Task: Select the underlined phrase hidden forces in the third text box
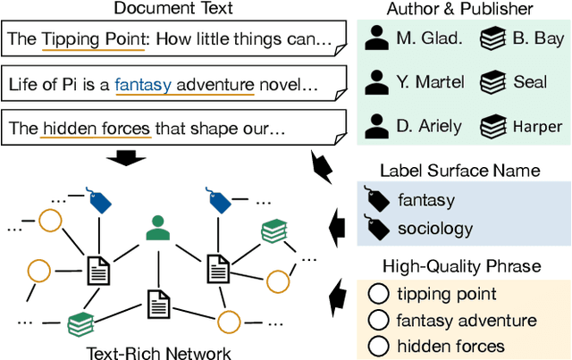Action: [96, 130]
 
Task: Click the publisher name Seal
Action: [530, 82]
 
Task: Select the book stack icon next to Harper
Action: [492, 124]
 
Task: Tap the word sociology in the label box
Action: [435, 229]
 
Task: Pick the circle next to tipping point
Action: [379, 294]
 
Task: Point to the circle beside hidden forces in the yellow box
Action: [379, 346]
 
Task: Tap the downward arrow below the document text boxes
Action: [132, 159]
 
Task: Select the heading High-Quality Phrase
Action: [461, 265]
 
